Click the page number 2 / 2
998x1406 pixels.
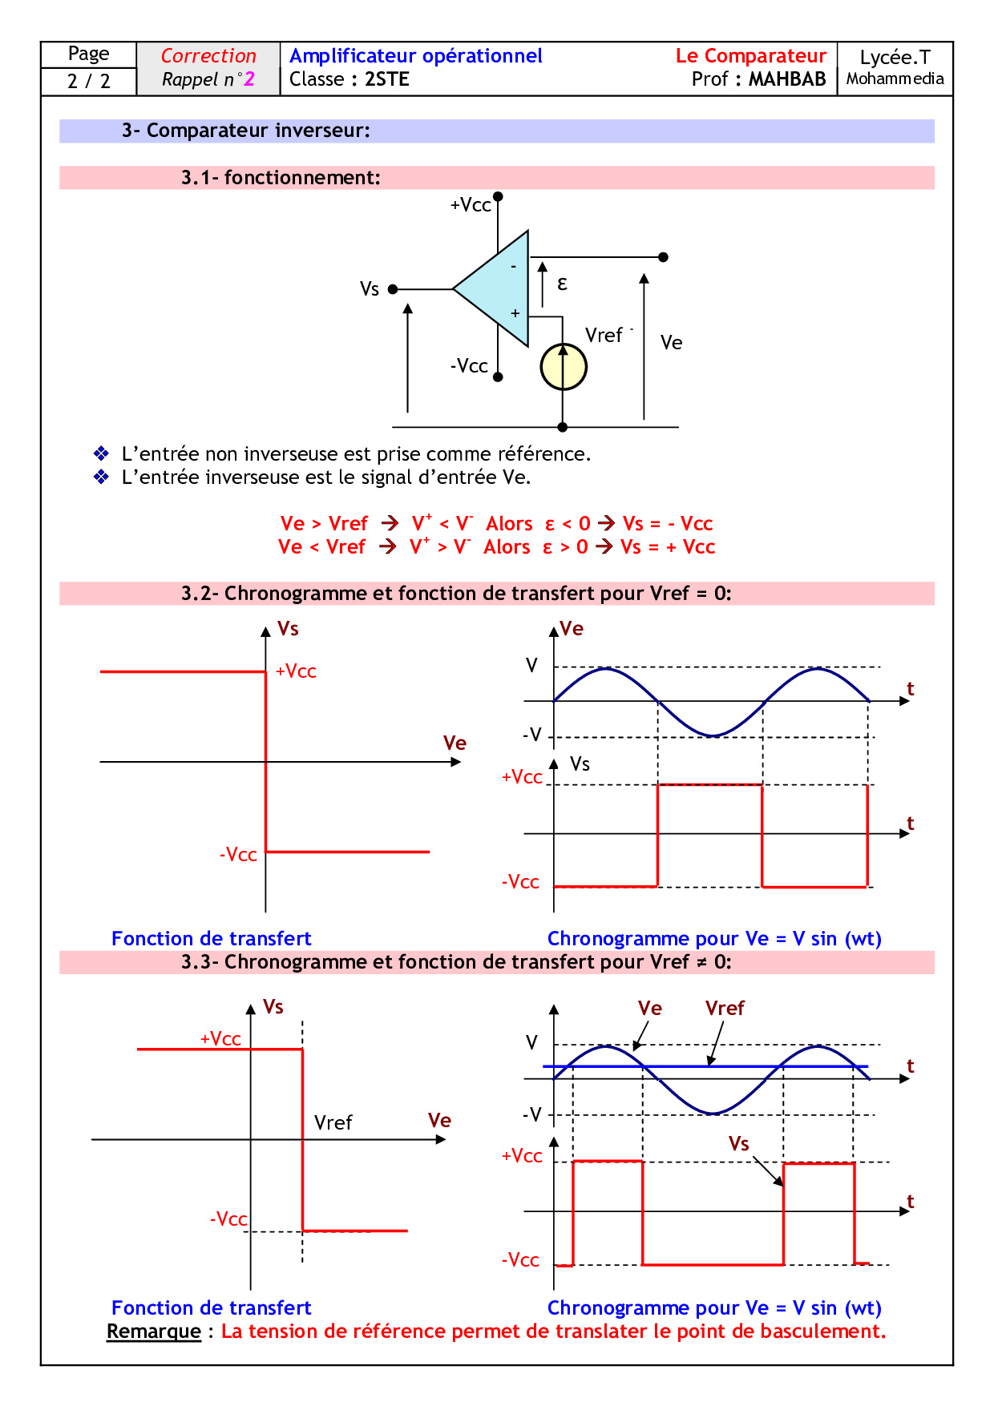88,81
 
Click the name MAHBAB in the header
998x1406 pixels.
786,79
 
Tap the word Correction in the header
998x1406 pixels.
208,56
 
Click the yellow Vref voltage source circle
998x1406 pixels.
564,368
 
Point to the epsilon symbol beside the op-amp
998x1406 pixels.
562,284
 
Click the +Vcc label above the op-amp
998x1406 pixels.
471,205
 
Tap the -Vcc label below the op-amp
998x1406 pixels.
469,366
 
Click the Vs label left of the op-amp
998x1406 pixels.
369,288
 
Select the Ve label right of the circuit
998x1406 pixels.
671,343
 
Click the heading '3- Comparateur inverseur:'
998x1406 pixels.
246,131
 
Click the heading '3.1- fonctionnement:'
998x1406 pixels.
281,178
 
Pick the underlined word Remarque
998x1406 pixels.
154,1331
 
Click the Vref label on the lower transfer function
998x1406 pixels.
333,1122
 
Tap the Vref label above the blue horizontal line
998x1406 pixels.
725,1009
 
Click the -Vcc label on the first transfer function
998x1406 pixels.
238,855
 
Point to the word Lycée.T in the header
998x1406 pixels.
895,58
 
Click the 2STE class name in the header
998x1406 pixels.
387,79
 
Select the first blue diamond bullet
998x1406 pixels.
101,453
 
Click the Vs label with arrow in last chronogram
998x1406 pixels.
738,1143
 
